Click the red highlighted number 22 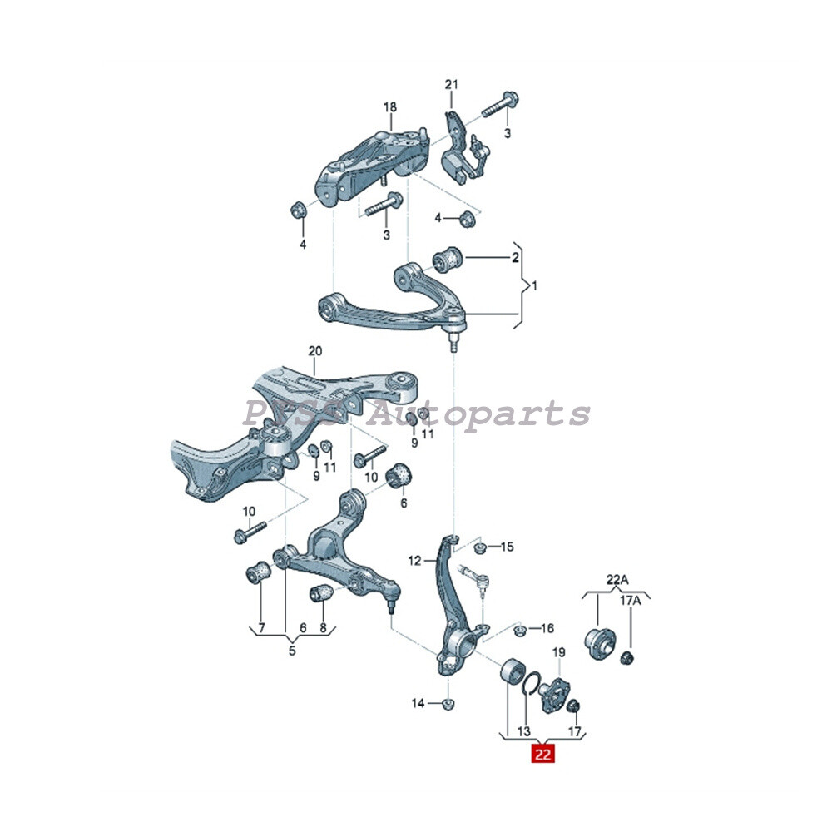coord(543,755)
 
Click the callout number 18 coord(390,107)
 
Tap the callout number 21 coord(451,85)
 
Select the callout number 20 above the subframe coord(314,351)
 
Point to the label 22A coord(617,579)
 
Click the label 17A coord(631,599)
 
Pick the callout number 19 coord(558,653)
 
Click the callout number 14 coord(418,704)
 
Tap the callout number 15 coord(507,547)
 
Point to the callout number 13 coord(523,731)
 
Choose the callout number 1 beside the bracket coord(535,286)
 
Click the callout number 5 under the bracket coord(292,651)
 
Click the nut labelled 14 coord(448,705)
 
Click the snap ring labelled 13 coord(530,685)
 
